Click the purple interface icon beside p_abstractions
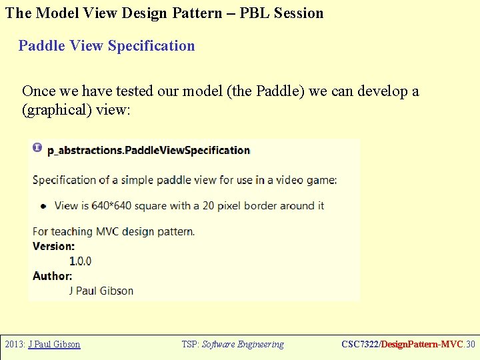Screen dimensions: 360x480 tap(37, 147)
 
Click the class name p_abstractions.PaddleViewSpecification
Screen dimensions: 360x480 tap(149, 150)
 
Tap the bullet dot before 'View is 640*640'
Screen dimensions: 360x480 tap(43, 206)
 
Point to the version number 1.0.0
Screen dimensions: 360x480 tap(80, 261)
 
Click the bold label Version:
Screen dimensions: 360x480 tap(53, 246)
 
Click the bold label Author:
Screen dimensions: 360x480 tap(52, 275)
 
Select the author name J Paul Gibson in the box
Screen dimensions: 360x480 tap(101, 291)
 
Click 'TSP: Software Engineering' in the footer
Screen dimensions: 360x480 tap(233, 345)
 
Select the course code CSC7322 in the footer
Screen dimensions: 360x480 tap(359, 345)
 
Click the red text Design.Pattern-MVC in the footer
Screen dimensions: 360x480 tap(419, 345)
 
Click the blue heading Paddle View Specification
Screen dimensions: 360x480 tap(107, 46)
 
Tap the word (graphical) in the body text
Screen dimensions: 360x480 tap(57, 109)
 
